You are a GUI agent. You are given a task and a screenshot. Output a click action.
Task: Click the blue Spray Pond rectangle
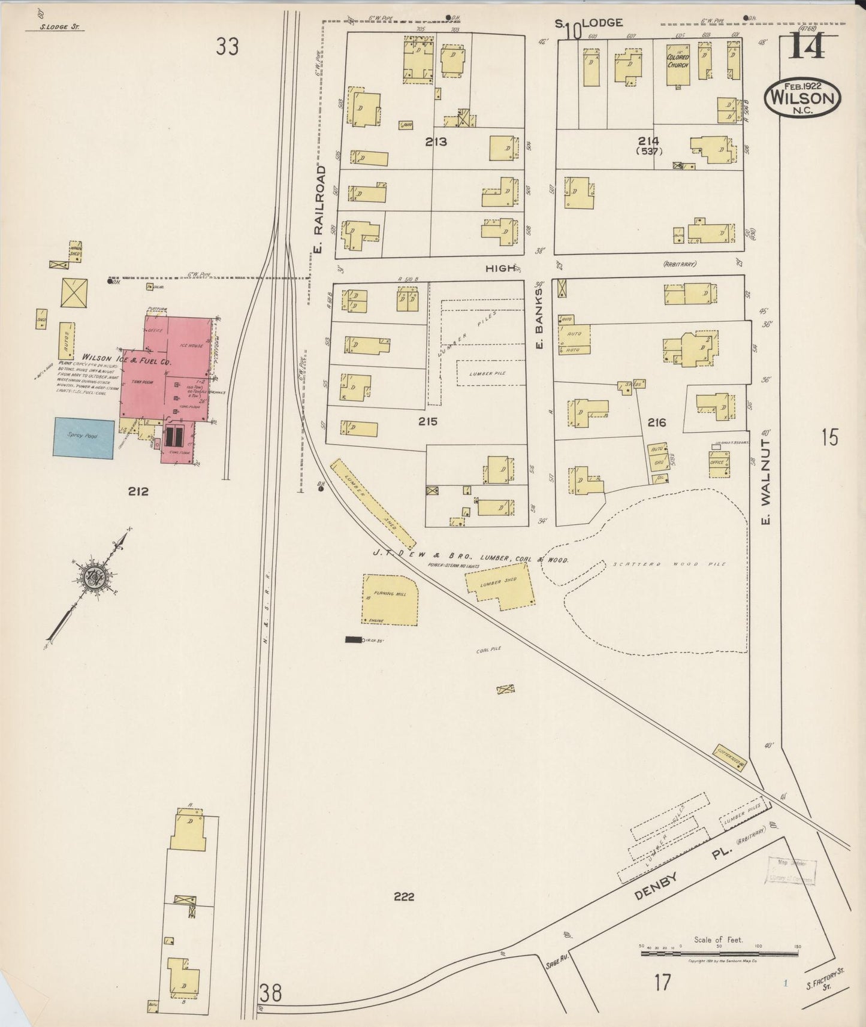84,438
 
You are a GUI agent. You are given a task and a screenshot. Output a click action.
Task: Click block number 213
436,142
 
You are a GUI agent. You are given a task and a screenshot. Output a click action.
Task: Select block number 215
428,422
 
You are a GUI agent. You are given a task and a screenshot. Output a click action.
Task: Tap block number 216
656,423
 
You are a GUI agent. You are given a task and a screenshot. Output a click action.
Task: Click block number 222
404,897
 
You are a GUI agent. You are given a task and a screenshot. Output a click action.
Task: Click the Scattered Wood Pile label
668,564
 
